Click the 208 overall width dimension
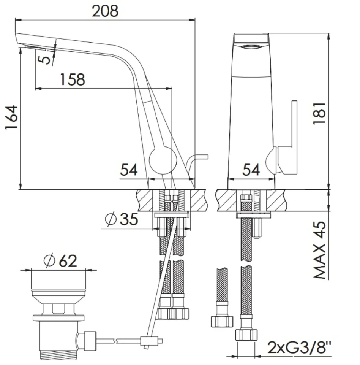(105, 11)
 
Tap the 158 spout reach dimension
(73, 79)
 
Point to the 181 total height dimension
(319, 113)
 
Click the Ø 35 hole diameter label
(122, 219)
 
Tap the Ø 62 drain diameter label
(60, 261)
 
